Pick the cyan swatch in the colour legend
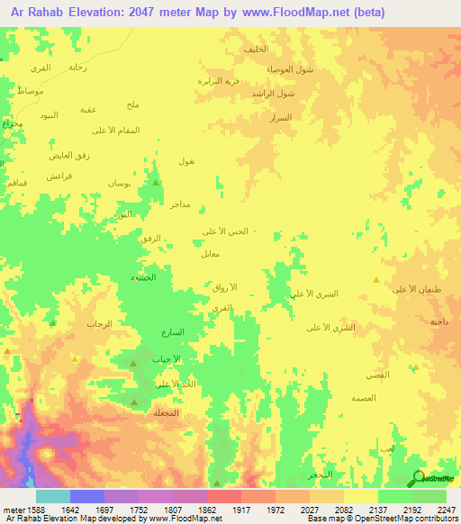tap(52, 496)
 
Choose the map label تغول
tap(187, 160)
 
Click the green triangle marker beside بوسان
tap(157, 183)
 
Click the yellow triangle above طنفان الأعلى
tap(376, 280)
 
